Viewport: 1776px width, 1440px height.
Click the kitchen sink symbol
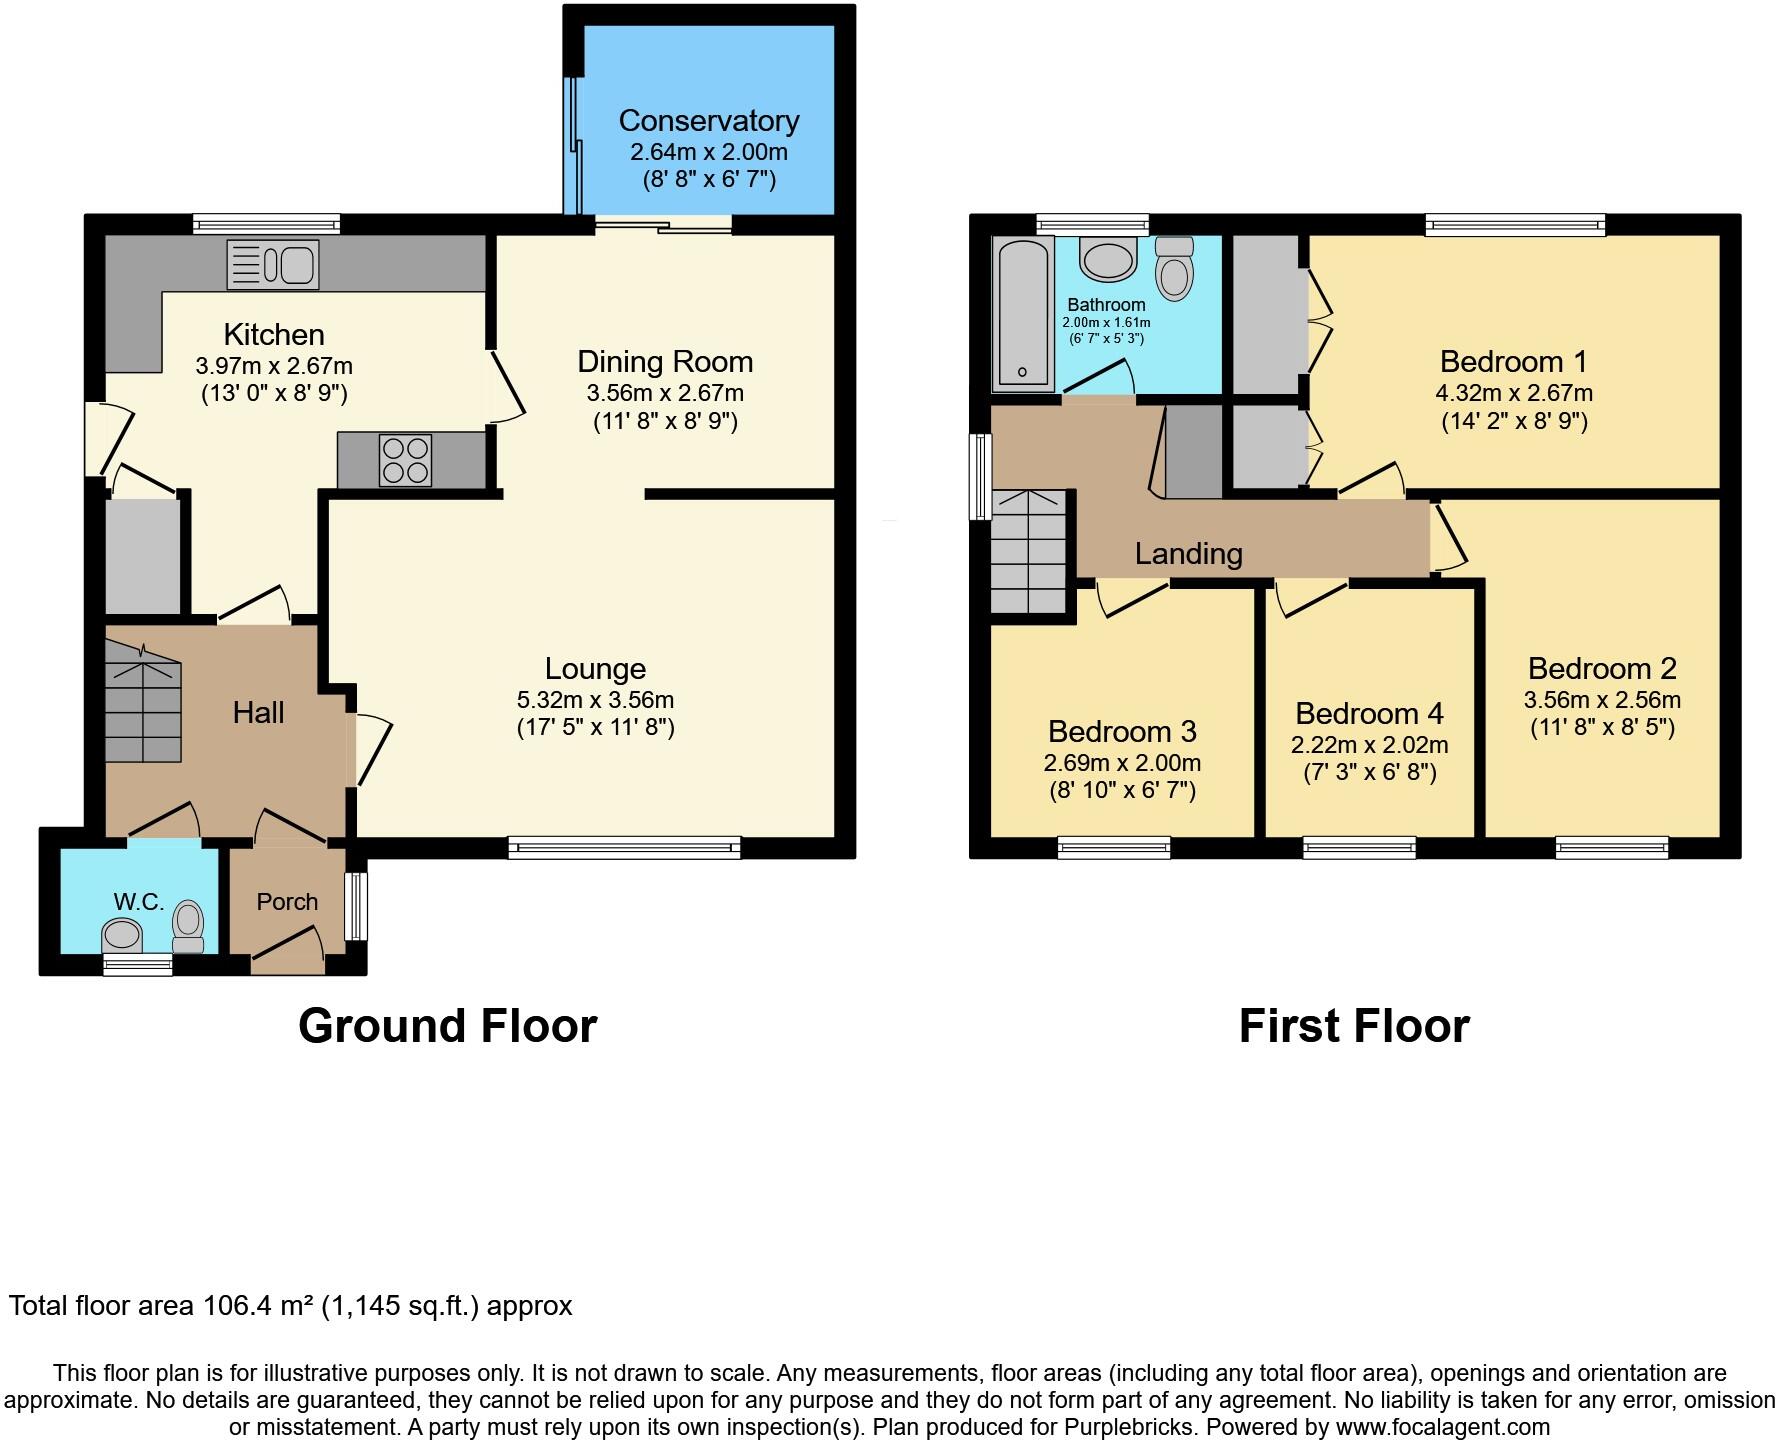point(273,265)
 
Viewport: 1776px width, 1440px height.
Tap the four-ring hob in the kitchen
point(405,460)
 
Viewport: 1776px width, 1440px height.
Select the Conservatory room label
point(708,121)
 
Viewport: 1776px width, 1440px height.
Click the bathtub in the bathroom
point(1022,313)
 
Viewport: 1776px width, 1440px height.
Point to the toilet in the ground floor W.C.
point(188,927)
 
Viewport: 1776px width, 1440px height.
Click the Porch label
point(287,902)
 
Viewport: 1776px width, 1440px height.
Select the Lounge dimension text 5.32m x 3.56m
point(595,700)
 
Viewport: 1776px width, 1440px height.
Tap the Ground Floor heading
point(447,1026)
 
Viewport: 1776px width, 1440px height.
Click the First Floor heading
point(1353,1026)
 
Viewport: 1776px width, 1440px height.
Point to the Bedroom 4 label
point(1369,714)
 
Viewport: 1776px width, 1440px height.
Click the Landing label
point(1188,554)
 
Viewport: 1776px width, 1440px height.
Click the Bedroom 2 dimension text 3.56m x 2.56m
point(1601,700)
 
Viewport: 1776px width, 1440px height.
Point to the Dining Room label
point(665,362)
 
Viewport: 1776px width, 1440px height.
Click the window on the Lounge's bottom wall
point(624,848)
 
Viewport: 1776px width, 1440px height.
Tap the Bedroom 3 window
point(1113,848)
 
